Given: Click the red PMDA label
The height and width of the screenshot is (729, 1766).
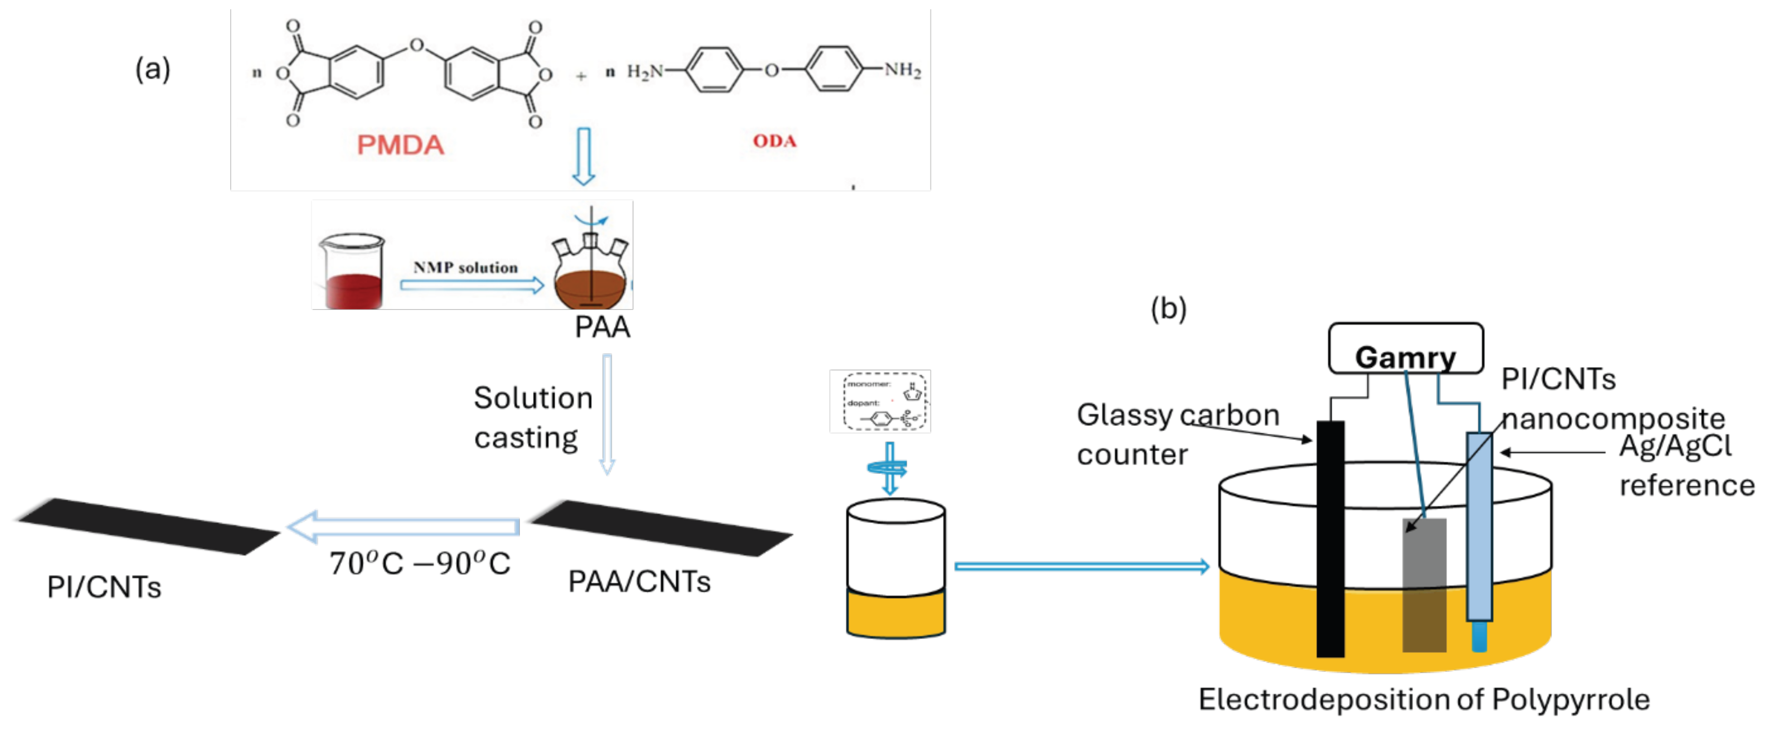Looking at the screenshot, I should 400,145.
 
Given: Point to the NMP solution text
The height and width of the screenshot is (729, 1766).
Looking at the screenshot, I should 466,267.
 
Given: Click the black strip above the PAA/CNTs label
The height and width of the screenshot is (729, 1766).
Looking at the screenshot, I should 662,528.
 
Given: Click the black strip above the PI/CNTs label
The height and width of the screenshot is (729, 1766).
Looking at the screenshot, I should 147,525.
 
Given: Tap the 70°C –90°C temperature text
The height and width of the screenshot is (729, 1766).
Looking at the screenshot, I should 420,564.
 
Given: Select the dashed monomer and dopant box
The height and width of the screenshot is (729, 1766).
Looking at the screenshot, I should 880,401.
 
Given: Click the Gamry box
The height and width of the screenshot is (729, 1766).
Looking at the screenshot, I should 1405,349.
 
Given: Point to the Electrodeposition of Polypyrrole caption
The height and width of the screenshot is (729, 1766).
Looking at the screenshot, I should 1424,700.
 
